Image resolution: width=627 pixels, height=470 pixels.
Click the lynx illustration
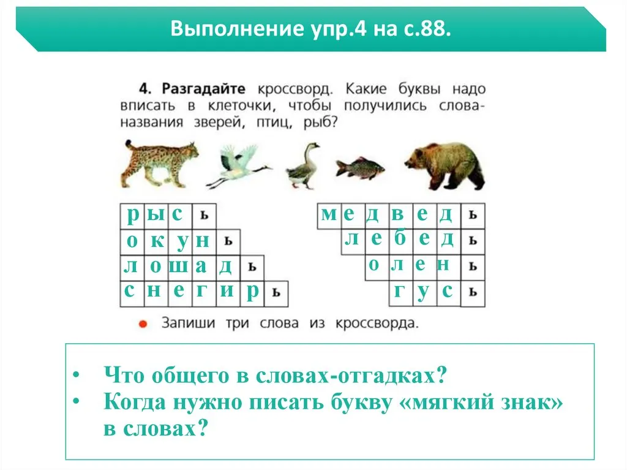(x=160, y=164)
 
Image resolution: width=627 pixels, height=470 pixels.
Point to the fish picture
(x=360, y=167)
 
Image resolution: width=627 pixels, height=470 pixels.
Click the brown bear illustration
(x=445, y=165)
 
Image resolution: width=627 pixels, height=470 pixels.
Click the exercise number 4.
(x=145, y=88)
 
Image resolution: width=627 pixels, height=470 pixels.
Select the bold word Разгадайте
(x=203, y=88)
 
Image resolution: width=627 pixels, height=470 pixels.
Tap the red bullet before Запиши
(x=143, y=324)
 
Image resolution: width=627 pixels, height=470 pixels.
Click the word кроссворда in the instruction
(x=377, y=323)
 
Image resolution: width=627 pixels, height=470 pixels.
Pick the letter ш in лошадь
(x=178, y=266)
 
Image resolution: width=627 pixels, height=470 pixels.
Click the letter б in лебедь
(x=400, y=238)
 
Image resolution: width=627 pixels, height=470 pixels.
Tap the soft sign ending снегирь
(x=276, y=293)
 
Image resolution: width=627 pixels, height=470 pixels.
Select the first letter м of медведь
(x=329, y=214)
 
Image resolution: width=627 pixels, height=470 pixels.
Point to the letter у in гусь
(x=424, y=293)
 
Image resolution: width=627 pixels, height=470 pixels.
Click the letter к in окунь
(x=157, y=241)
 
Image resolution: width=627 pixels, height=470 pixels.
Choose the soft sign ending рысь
(x=205, y=215)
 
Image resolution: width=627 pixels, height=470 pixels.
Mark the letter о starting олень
(x=374, y=265)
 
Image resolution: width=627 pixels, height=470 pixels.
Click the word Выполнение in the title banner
(x=237, y=29)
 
